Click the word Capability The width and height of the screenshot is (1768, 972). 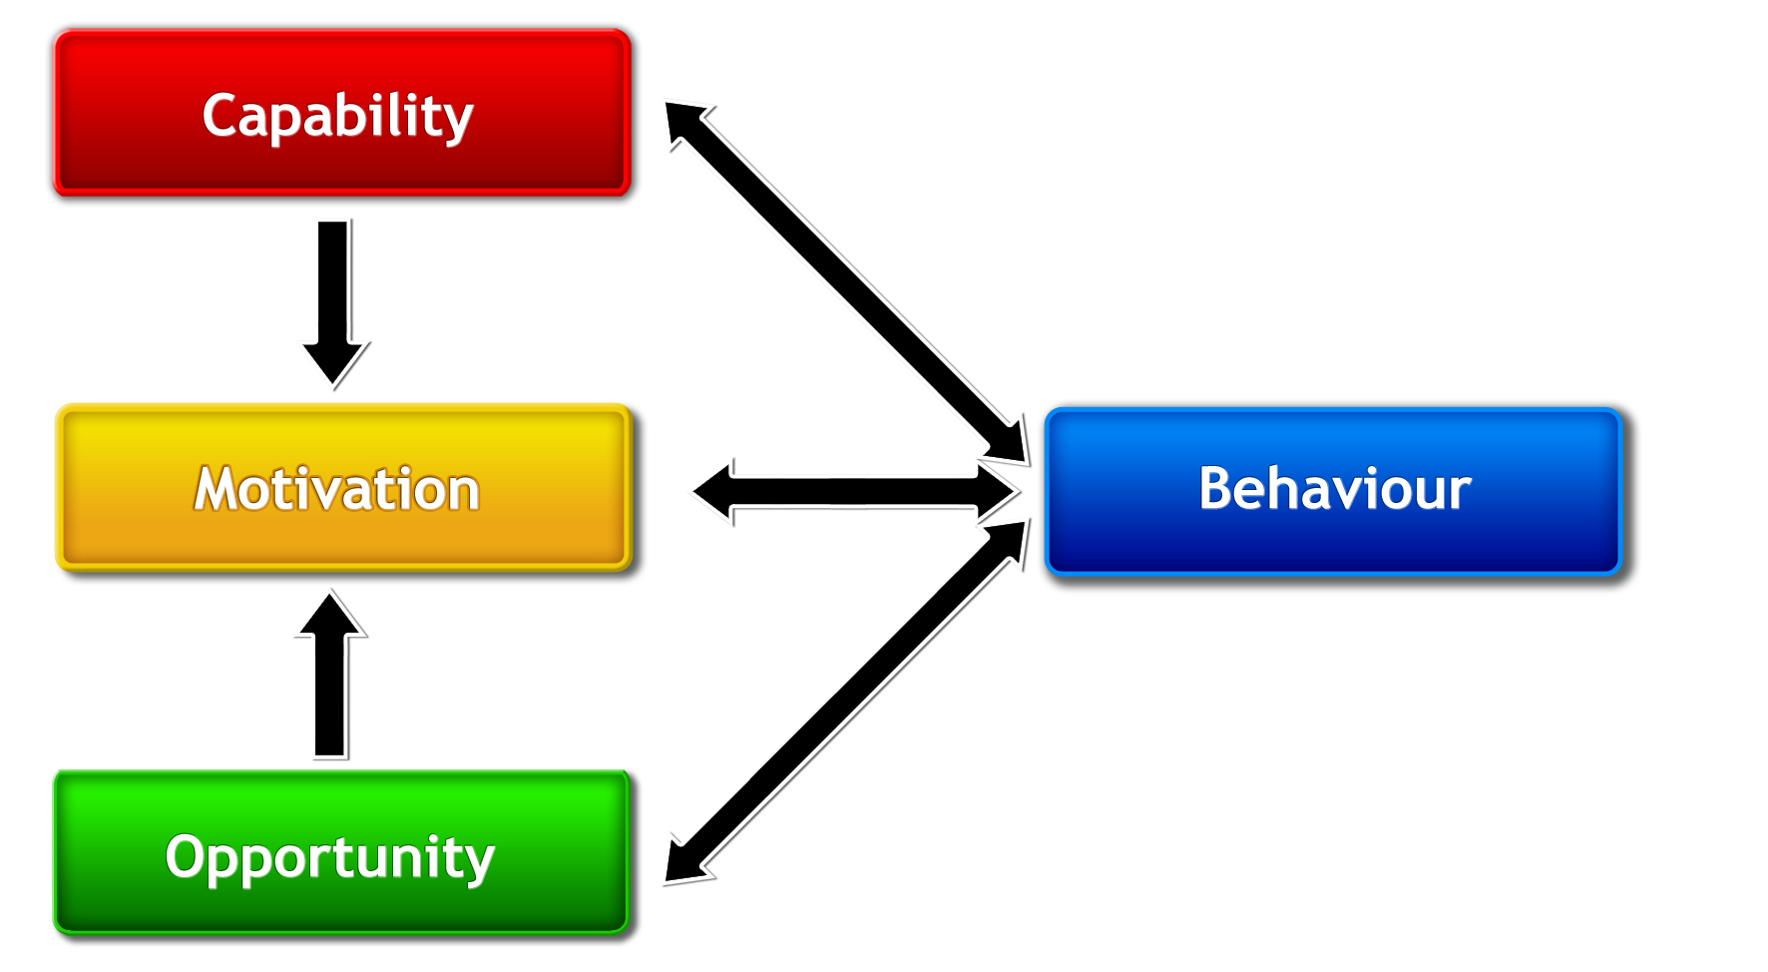click(x=337, y=117)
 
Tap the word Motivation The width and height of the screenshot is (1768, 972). click(x=337, y=489)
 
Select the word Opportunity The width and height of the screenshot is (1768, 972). click(x=329, y=857)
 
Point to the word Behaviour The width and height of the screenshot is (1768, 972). click(x=1334, y=489)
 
